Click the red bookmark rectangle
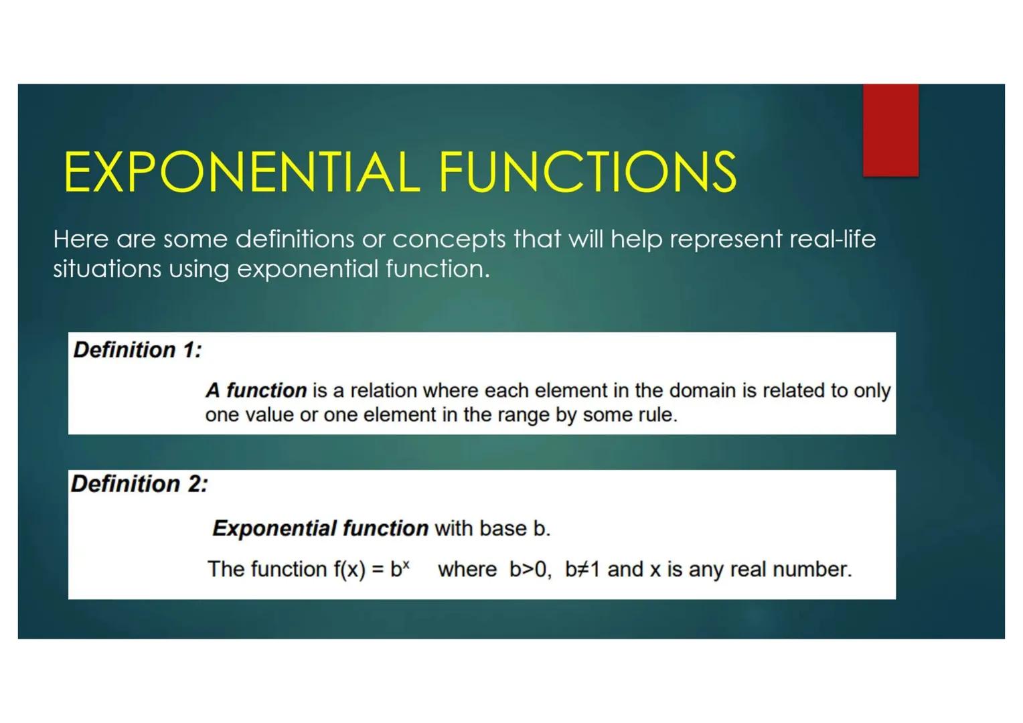890,130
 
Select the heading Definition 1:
137,349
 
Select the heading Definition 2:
139,484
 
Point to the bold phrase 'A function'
256,390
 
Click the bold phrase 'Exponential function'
320,528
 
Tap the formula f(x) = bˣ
371,569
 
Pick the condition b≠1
582,569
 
